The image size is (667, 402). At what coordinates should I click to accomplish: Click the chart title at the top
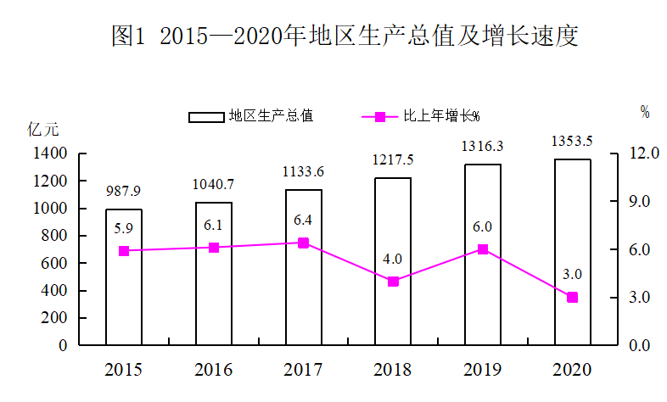(x=345, y=36)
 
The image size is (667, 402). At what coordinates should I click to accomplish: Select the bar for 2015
(x=124, y=276)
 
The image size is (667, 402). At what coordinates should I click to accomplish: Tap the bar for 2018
(x=393, y=261)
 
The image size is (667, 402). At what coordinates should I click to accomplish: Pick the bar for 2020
(x=573, y=252)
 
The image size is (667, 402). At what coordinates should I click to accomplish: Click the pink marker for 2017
(x=303, y=243)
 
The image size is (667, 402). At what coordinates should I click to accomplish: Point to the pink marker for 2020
(x=573, y=298)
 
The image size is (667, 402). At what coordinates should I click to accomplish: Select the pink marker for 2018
(x=393, y=282)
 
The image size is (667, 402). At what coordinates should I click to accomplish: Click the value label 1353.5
(x=572, y=141)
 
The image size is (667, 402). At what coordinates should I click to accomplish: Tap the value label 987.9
(x=123, y=191)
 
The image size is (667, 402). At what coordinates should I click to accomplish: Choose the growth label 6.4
(x=303, y=221)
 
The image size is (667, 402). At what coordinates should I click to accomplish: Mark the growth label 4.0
(x=392, y=259)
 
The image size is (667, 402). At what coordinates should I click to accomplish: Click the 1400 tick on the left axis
(x=50, y=154)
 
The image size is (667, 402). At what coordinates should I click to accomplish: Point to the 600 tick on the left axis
(x=54, y=263)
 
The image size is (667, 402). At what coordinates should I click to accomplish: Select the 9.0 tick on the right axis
(x=640, y=202)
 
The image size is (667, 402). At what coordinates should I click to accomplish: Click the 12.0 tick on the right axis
(x=644, y=153)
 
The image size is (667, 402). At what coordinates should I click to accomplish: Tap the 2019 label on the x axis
(x=482, y=370)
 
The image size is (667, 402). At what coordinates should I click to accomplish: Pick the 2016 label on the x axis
(x=214, y=370)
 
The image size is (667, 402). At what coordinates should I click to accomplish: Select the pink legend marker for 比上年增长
(x=380, y=117)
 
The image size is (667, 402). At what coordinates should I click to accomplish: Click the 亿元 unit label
(x=43, y=130)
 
